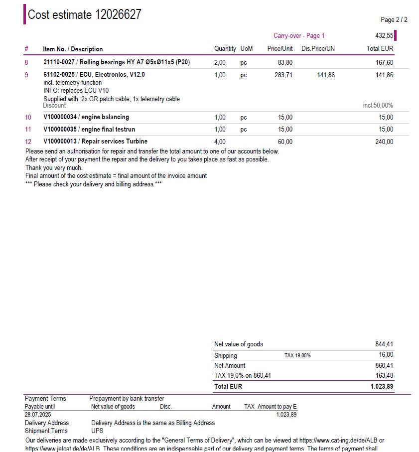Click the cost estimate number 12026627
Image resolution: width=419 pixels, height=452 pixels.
[x=118, y=14]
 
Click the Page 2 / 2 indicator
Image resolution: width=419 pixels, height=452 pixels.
[x=394, y=20]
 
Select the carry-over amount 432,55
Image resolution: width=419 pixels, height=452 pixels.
[x=384, y=36]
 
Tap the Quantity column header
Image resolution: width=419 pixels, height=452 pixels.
[x=225, y=49]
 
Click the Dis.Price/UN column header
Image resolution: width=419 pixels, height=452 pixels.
[x=318, y=49]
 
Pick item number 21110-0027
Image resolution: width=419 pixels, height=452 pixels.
[x=59, y=62]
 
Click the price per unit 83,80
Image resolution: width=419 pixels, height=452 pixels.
[x=285, y=62]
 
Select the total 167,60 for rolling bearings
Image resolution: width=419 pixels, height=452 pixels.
[x=384, y=62]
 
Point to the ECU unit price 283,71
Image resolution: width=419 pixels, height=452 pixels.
[x=284, y=75]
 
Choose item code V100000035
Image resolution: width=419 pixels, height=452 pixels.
[x=60, y=129]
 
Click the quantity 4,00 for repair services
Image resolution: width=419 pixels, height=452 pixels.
[x=220, y=142]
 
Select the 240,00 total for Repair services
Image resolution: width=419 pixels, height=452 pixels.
[x=384, y=142]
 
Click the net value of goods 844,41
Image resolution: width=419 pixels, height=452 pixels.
[x=384, y=344]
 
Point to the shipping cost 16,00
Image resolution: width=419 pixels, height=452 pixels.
[x=386, y=355]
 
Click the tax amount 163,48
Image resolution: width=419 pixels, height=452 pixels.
[x=384, y=375]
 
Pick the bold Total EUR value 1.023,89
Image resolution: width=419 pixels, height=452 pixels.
[x=382, y=386]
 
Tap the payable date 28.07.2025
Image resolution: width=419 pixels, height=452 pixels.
[x=37, y=414]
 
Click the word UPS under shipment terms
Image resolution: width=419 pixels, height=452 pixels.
[x=97, y=431]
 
